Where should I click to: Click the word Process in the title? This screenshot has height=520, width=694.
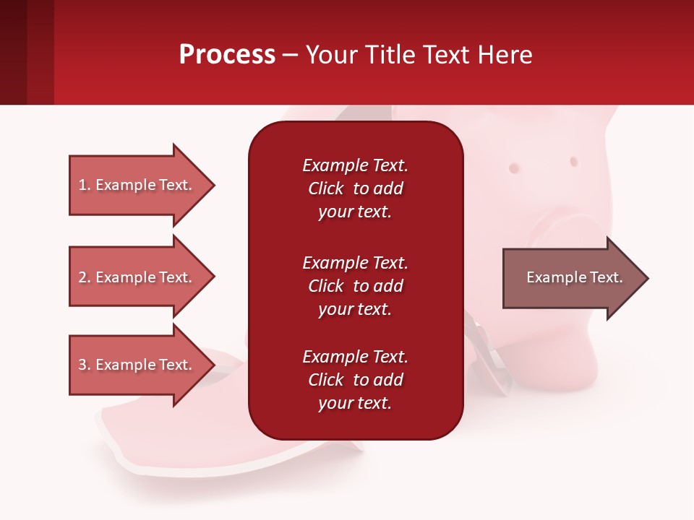tap(228, 55)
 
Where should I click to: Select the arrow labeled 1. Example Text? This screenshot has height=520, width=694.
tap(142, 186)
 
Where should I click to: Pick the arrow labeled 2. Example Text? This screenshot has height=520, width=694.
tap(142, 277)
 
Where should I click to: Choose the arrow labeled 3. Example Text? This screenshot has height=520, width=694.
tap(142, 365)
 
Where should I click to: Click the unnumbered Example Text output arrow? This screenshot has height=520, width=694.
tap(575, 278)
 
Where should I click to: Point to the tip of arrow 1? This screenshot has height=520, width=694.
tap(215, 186)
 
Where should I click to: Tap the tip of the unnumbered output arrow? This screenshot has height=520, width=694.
tap(648, 278)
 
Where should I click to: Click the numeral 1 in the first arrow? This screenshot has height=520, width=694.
tap(82, 185)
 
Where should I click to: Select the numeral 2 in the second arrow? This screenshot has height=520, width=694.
tap(82, 277)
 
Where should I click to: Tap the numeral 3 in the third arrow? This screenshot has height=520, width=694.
tap(82, 365)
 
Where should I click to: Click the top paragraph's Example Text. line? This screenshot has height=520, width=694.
tap(355, 165)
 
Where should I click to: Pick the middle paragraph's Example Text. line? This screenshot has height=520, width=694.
tap(355, 263)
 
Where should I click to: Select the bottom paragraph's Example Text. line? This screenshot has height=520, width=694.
tap(355, 357)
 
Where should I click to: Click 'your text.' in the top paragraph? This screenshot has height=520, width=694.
tap(355, 212)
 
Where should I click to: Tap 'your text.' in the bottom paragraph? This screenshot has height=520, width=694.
tap(355, 404)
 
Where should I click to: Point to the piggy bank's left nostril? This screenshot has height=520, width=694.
tap(514, 168)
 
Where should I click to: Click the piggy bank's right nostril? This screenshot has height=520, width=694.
tap(574, 161)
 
